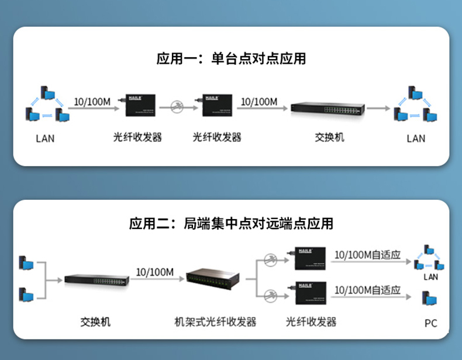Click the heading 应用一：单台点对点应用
[x=231, y=59]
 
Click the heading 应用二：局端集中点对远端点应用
[x=231, y=223]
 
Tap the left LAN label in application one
[x=45, y=139]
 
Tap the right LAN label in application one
[x=416, y=139]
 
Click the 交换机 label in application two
[x=95, y=322]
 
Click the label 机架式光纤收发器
[x=216, y=322]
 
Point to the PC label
[x=431, y=323]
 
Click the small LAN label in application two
[x=430, y=276]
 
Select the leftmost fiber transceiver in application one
[x=137, y=106]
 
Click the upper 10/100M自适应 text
[x=367, y=255]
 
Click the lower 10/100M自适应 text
[x=367, y=290]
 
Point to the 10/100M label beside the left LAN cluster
[x=92, y=102]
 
